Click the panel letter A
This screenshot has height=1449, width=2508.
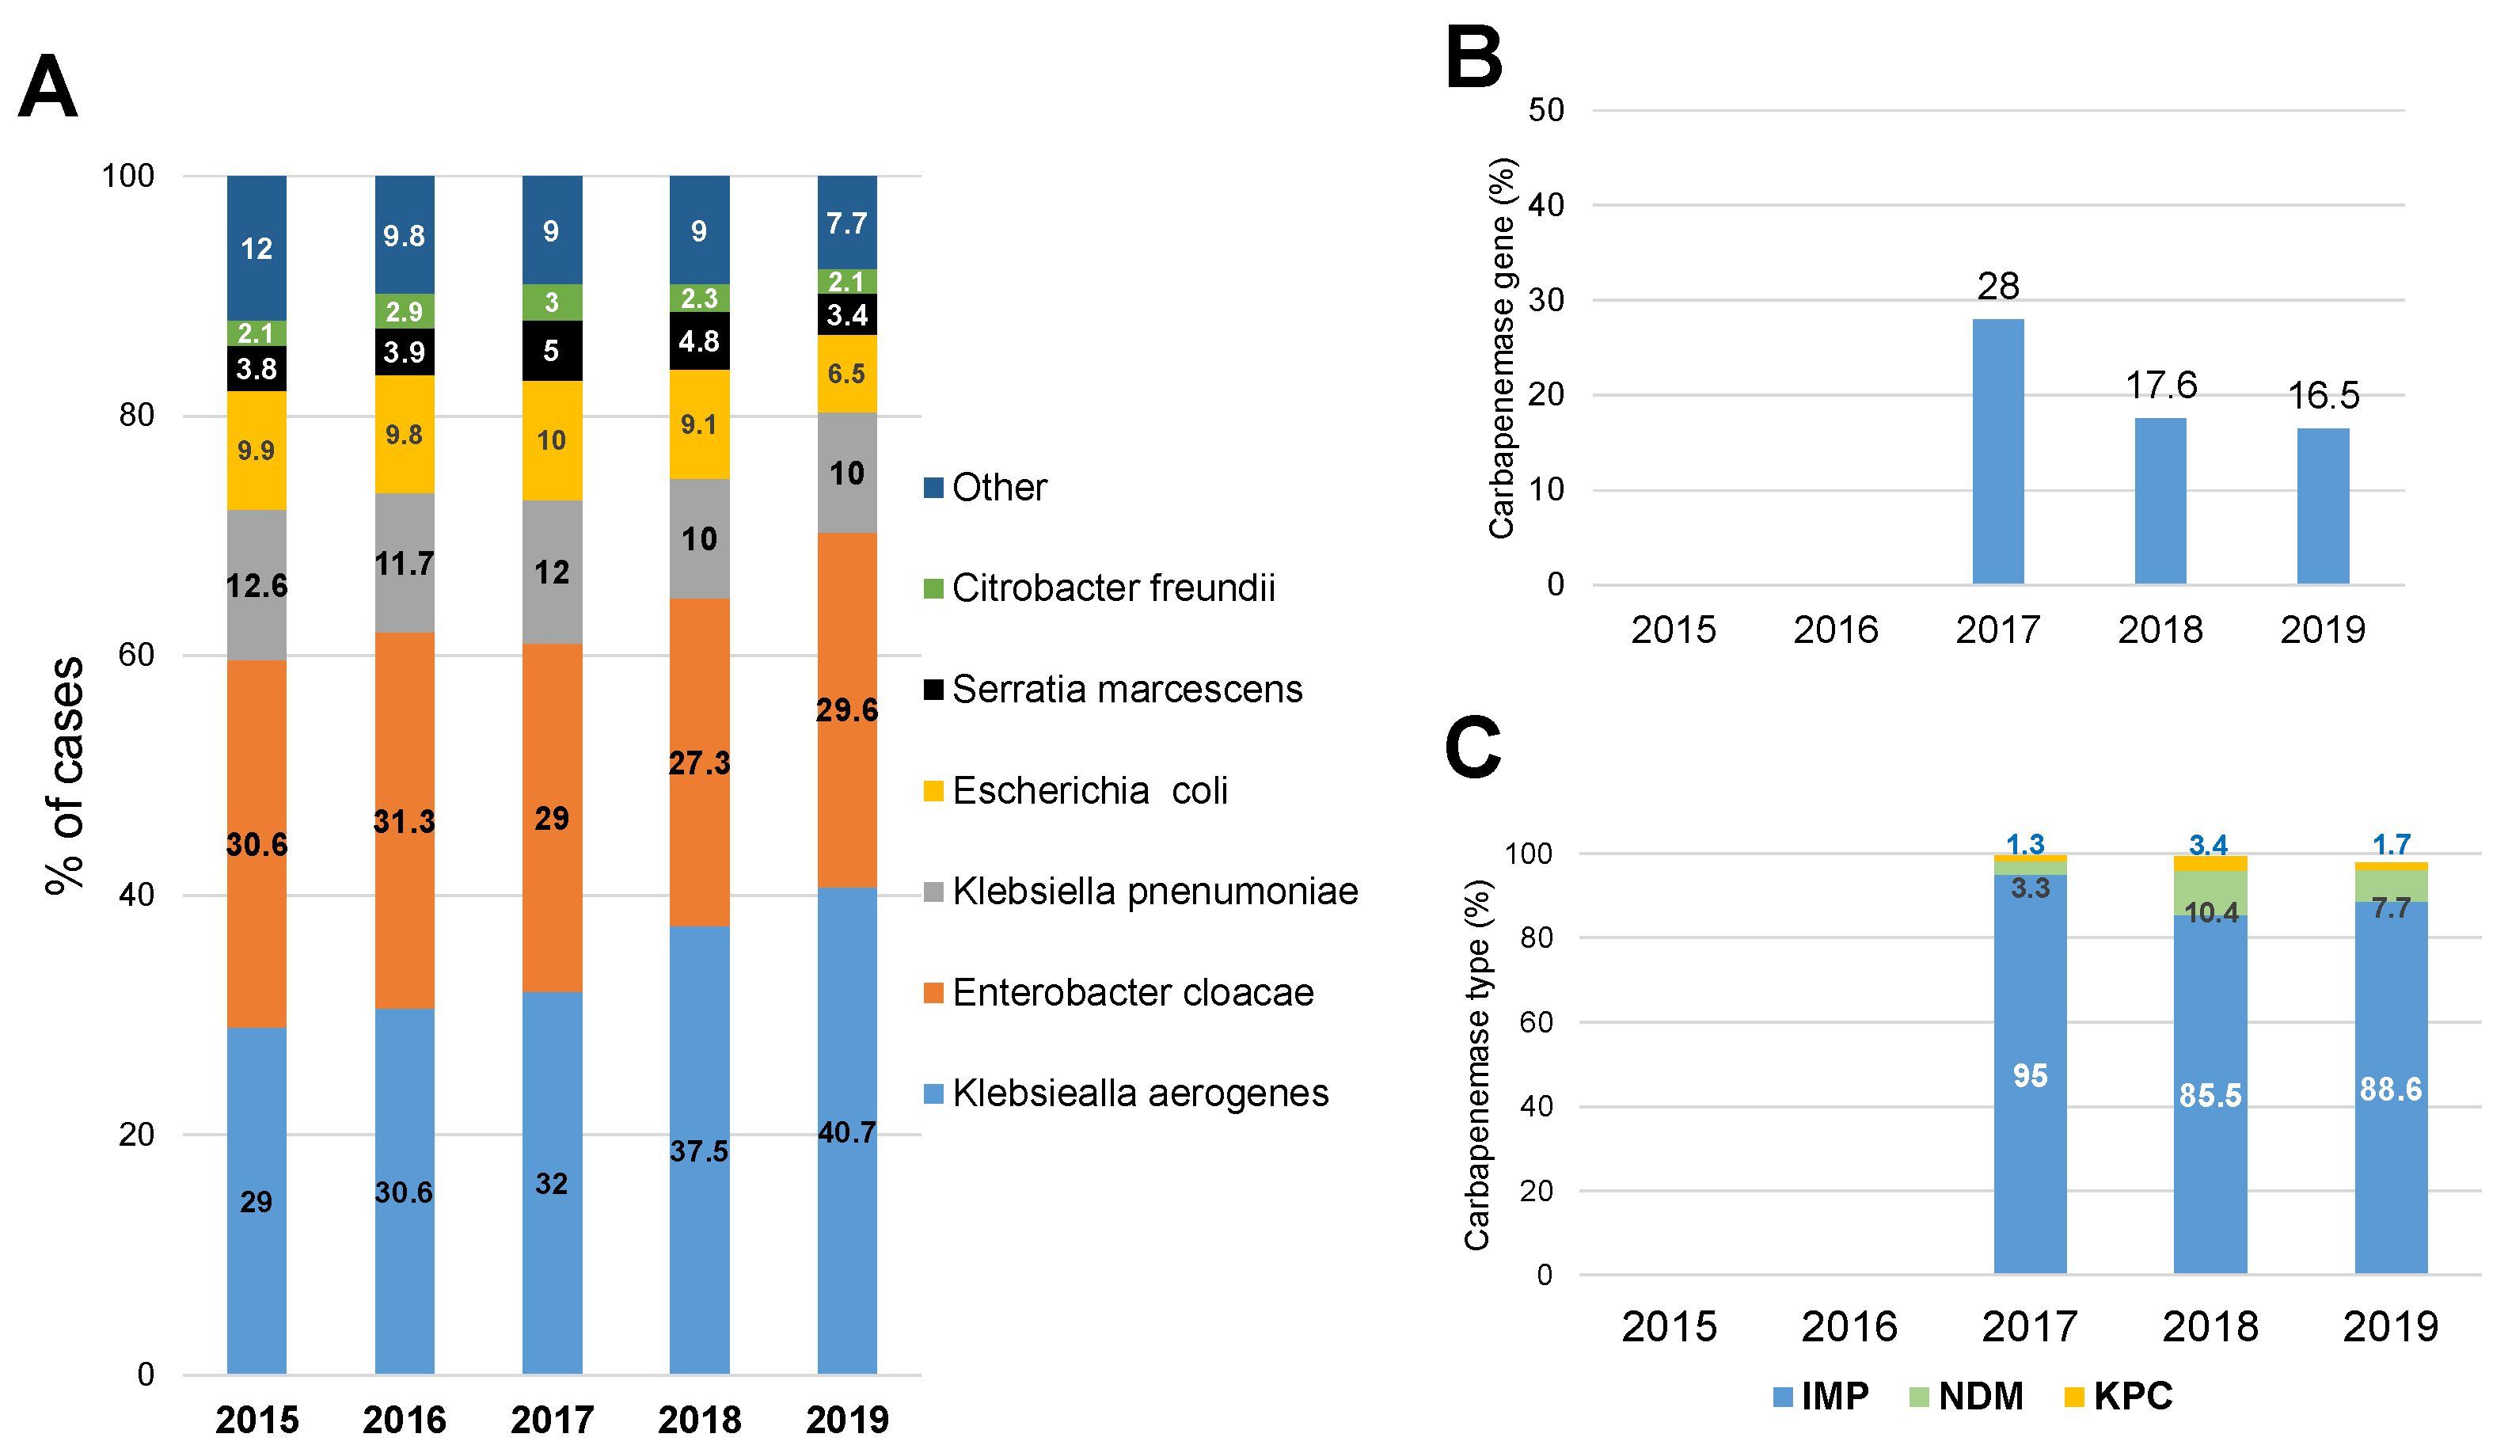47,88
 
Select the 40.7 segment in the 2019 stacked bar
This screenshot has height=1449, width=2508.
846,1131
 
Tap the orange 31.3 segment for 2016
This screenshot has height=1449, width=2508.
404,821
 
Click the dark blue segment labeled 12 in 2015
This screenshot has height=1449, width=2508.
256,248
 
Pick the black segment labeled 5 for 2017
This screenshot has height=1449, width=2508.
551,350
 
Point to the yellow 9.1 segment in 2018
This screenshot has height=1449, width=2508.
698,425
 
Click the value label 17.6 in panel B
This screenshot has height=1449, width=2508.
2160,385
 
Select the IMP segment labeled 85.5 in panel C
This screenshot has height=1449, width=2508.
2210,1095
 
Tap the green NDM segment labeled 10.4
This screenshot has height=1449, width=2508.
2210,896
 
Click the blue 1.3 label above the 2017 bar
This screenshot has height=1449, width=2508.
2024,844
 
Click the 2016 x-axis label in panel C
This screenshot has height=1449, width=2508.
1849,1325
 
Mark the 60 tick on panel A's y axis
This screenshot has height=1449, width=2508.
136,655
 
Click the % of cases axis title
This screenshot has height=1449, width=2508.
66,776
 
